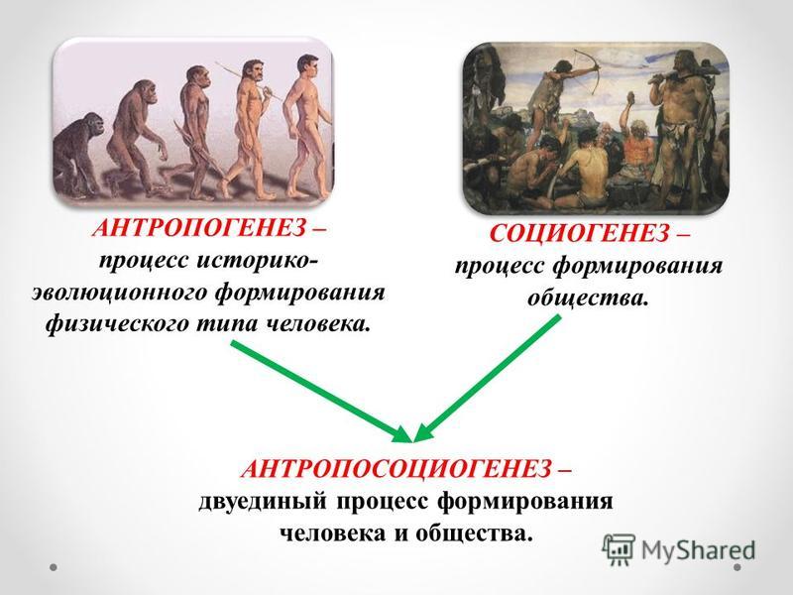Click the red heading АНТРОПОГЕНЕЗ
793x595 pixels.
[199, 229]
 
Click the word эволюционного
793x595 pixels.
[119, 294]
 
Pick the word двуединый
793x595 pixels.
[263, 503]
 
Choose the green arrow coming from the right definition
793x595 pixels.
[488, 379]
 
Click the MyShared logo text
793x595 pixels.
[698, 550]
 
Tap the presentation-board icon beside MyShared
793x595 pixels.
[619, 548]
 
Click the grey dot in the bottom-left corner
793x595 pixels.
[54, 567]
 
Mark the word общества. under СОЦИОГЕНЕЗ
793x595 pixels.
[587, 297]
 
